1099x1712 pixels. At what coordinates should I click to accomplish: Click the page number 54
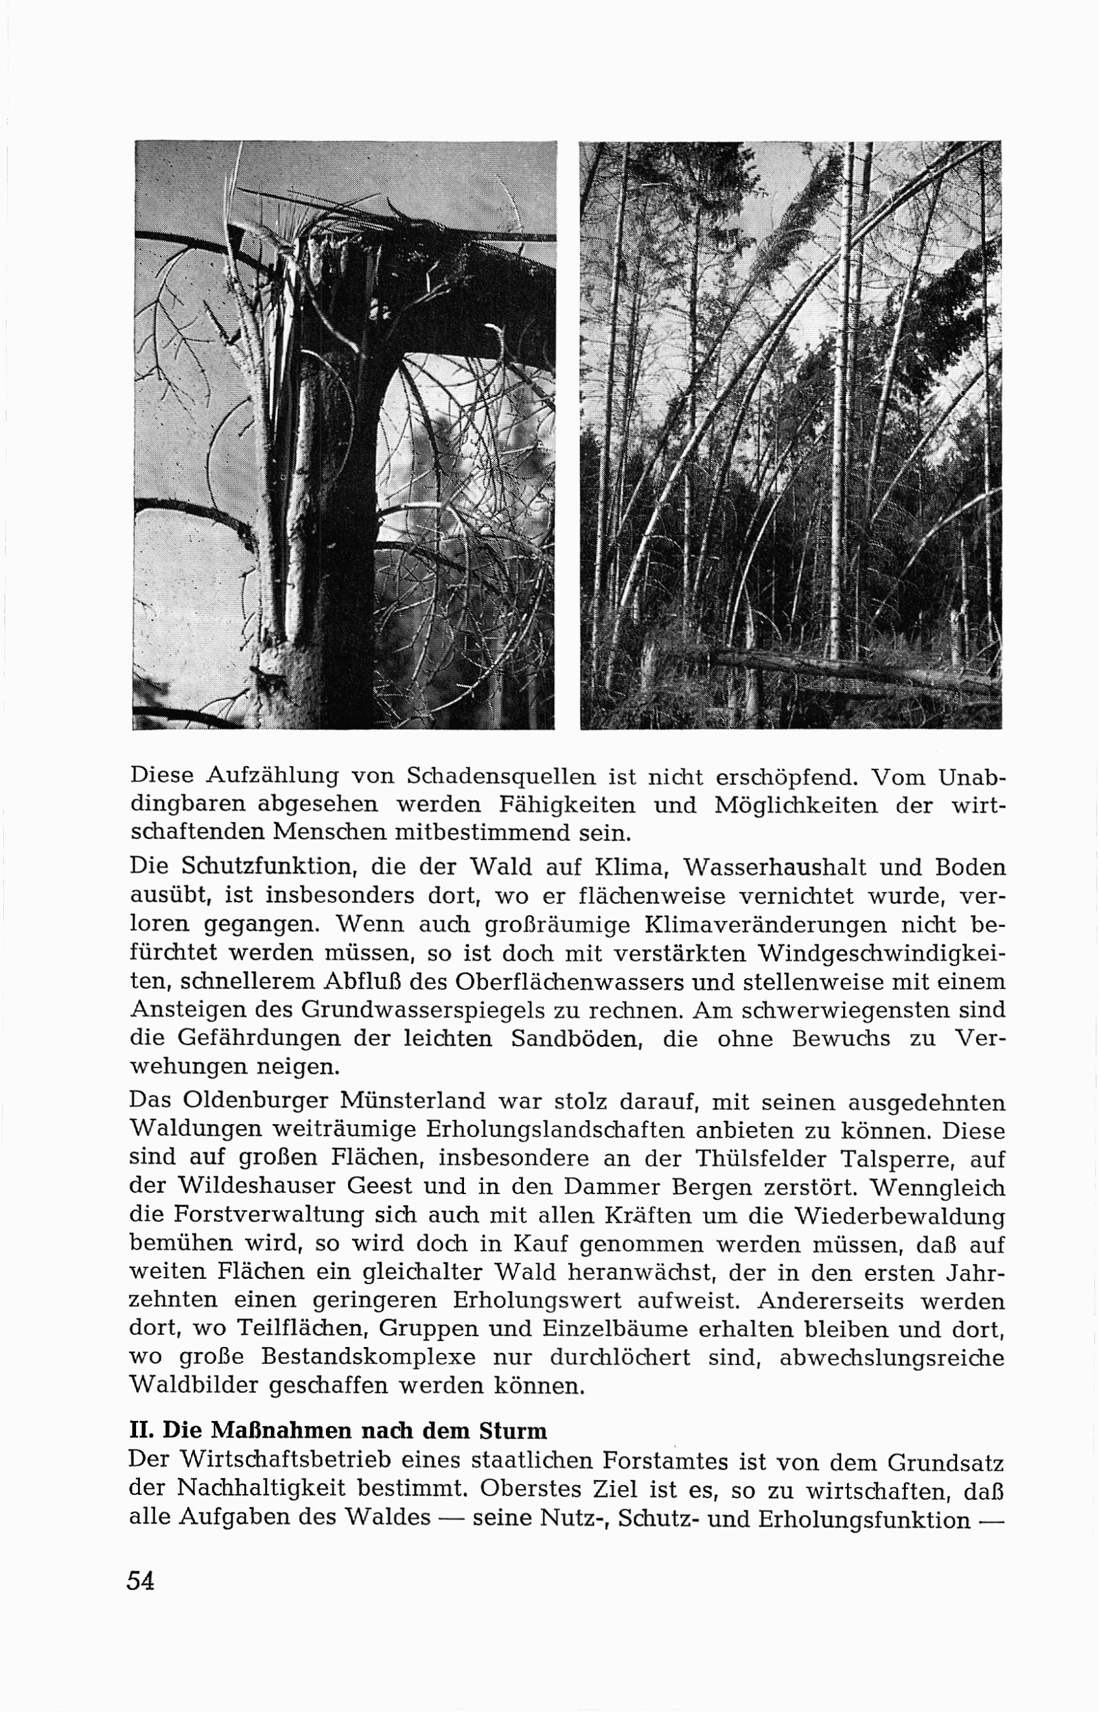tap(141, 1580)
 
